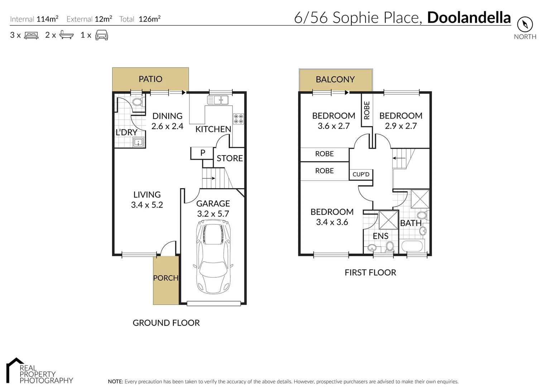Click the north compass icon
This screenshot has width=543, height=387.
pyautogui.click(x=525, y=25)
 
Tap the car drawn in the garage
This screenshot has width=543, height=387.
pyautogui.click(x=213, y=256)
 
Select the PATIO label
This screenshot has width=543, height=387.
pyautogui.click(x=150, y=79)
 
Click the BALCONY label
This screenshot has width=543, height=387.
pyautogui.click(x=335, y=80)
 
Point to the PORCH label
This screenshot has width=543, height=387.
pyautogui.click(x=165, y=278)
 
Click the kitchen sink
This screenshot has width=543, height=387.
pyautogui.click(x=218, y=100)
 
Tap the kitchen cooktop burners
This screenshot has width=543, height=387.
pyautogui.click(x=239, y=119)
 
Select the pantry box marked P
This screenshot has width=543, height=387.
pyautogui.click(x=202, y=153)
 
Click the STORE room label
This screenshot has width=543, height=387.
pyautogui.click(x=230, y=158)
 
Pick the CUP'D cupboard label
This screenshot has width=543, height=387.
pyautogui.click(x=361, y=175)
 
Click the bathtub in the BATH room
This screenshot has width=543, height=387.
pyautogui.click(x=413, y=247)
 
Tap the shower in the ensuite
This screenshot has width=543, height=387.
pyautogui.click(x=388, y=220)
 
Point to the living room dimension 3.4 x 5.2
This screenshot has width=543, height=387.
pyautogui.click(x=147, y=205)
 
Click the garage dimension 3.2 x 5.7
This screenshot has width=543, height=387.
pyautogui.click(x=213, y=214)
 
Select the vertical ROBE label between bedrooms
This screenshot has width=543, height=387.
pyautogui.click(x=367, y=110)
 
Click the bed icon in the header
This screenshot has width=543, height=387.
pyautogui.click(x=31, y=35)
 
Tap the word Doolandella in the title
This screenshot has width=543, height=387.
pyautogui.click(x=468, y=18)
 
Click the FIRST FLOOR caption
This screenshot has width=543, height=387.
pyautogui.click(x=370, y=273)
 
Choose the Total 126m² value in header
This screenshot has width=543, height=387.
pyautogui.click(x=149, y=19)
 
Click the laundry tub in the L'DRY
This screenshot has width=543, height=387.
pyautogui.click(x=138, y=142)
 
